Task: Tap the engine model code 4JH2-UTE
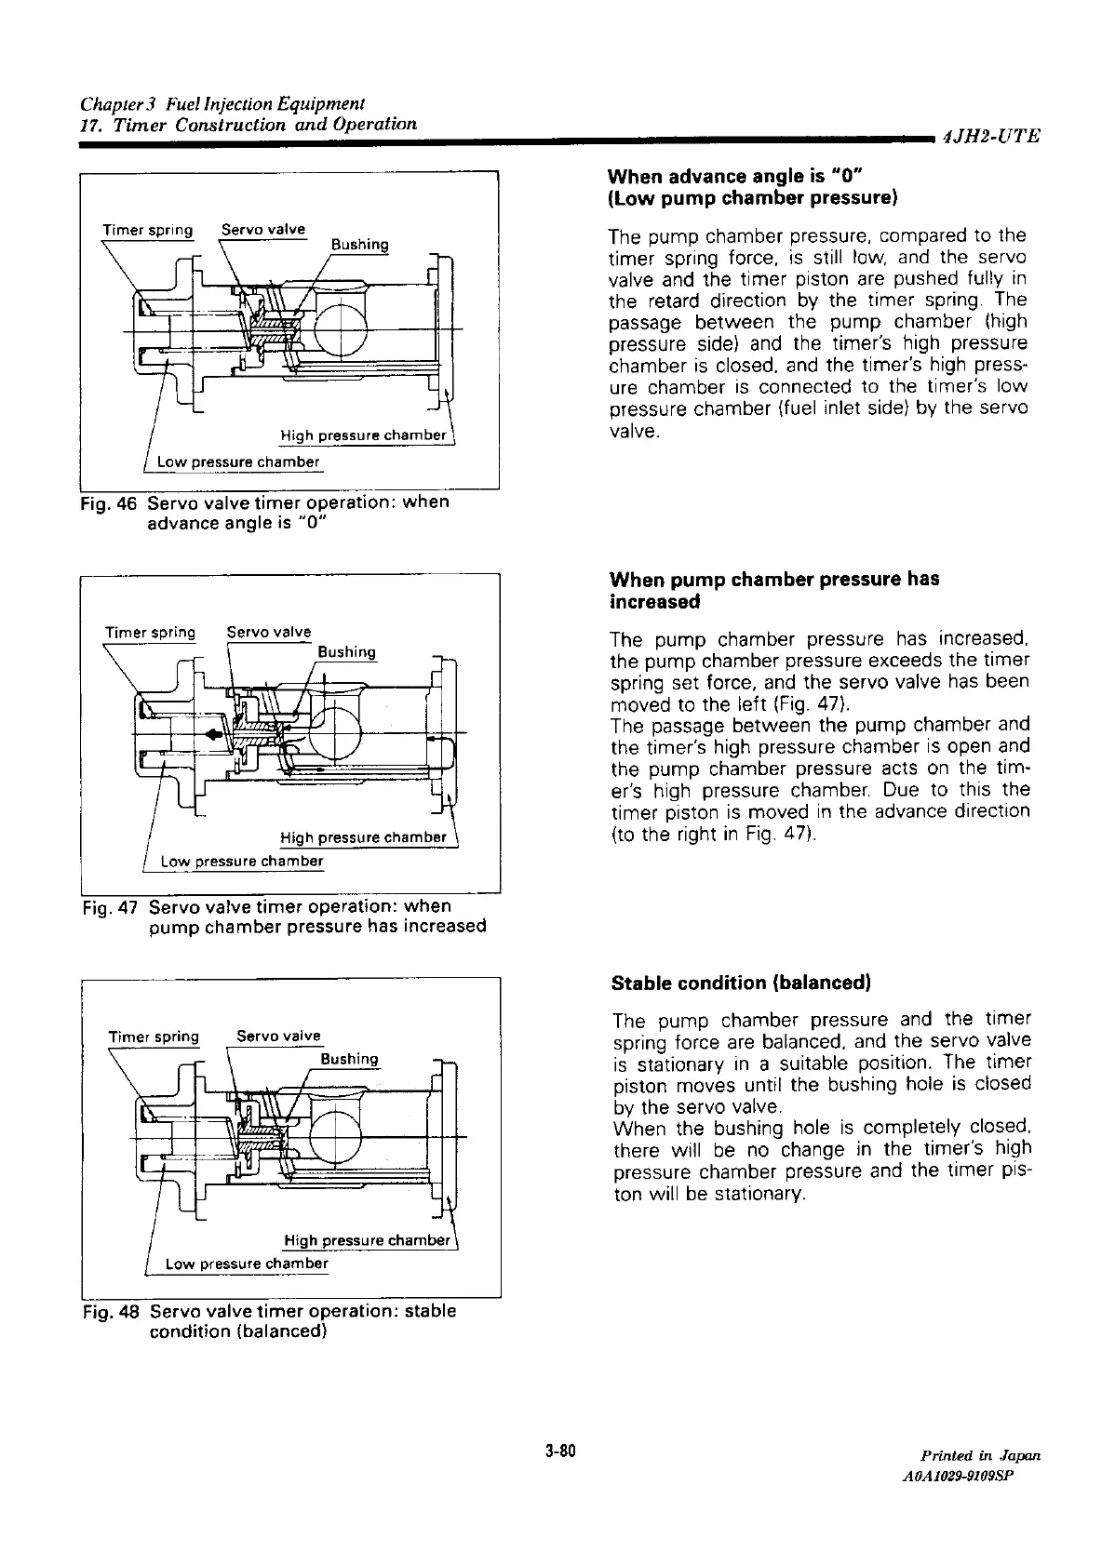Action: pyautogui.click(x=989, y=138)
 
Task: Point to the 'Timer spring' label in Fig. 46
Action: pyautogui.click(x=148, y=230)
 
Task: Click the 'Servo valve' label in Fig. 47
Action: pyautogui.click(x=269, y=633)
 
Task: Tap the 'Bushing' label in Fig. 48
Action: pyautogui.click(x=349, y=1059)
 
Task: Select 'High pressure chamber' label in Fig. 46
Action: pyautogui.click(x=364, y=435)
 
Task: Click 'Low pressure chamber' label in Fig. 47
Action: pyautogui.click(x=242, y=861)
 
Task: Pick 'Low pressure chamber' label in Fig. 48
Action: pyautogui.click(x=247, y=1263)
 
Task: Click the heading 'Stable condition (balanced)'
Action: pyautogui.click(x=741, y=983)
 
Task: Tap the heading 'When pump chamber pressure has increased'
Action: pyautogui.click(x=774, y=590)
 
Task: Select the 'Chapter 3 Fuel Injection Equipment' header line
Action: pyautogui.click(x=222, y=102)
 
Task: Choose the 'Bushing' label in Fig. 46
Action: pyautogui.click(x=360, y=245)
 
